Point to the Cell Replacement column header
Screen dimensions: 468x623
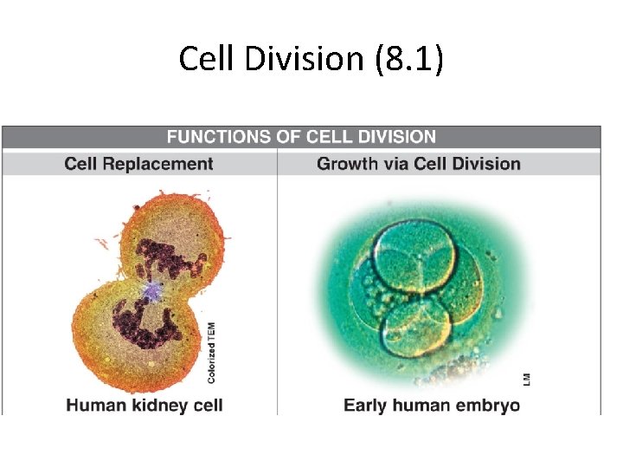[138, 164]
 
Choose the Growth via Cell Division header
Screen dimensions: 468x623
[418, 164]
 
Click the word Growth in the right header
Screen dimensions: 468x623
[344, 164]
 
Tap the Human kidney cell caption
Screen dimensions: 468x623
[145, 405]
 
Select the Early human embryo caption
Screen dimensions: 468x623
[432, 405]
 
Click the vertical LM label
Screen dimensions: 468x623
[526, 379]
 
